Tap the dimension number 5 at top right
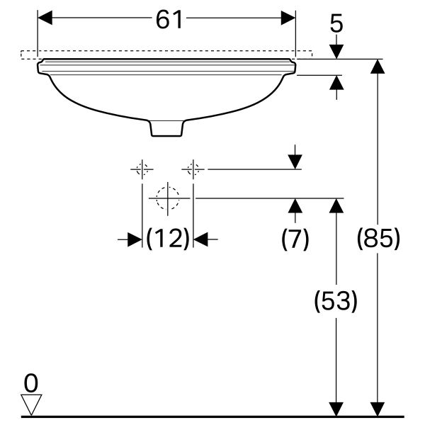336,24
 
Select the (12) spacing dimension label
169,239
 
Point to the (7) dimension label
295,239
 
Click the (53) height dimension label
335,302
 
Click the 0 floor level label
30,383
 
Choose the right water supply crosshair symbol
193,169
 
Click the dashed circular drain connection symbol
168,198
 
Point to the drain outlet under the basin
168,128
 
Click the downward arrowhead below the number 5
336,51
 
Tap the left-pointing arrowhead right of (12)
201,239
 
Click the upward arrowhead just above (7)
295,206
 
